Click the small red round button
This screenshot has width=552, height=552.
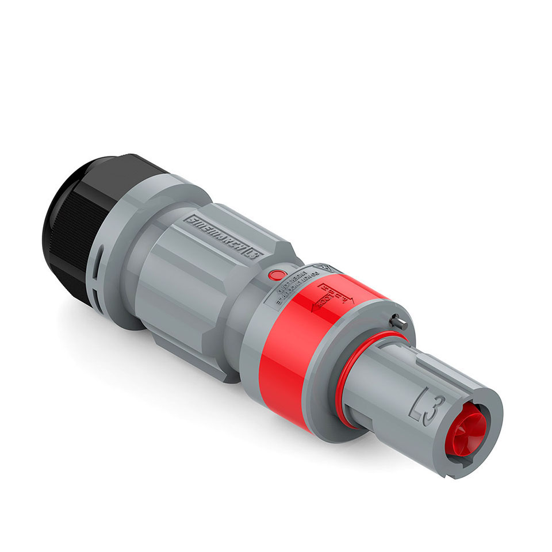pyautogui.click(x=277, y=275)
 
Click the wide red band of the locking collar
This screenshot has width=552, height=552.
pyautogui.click(x=287, y=368)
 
